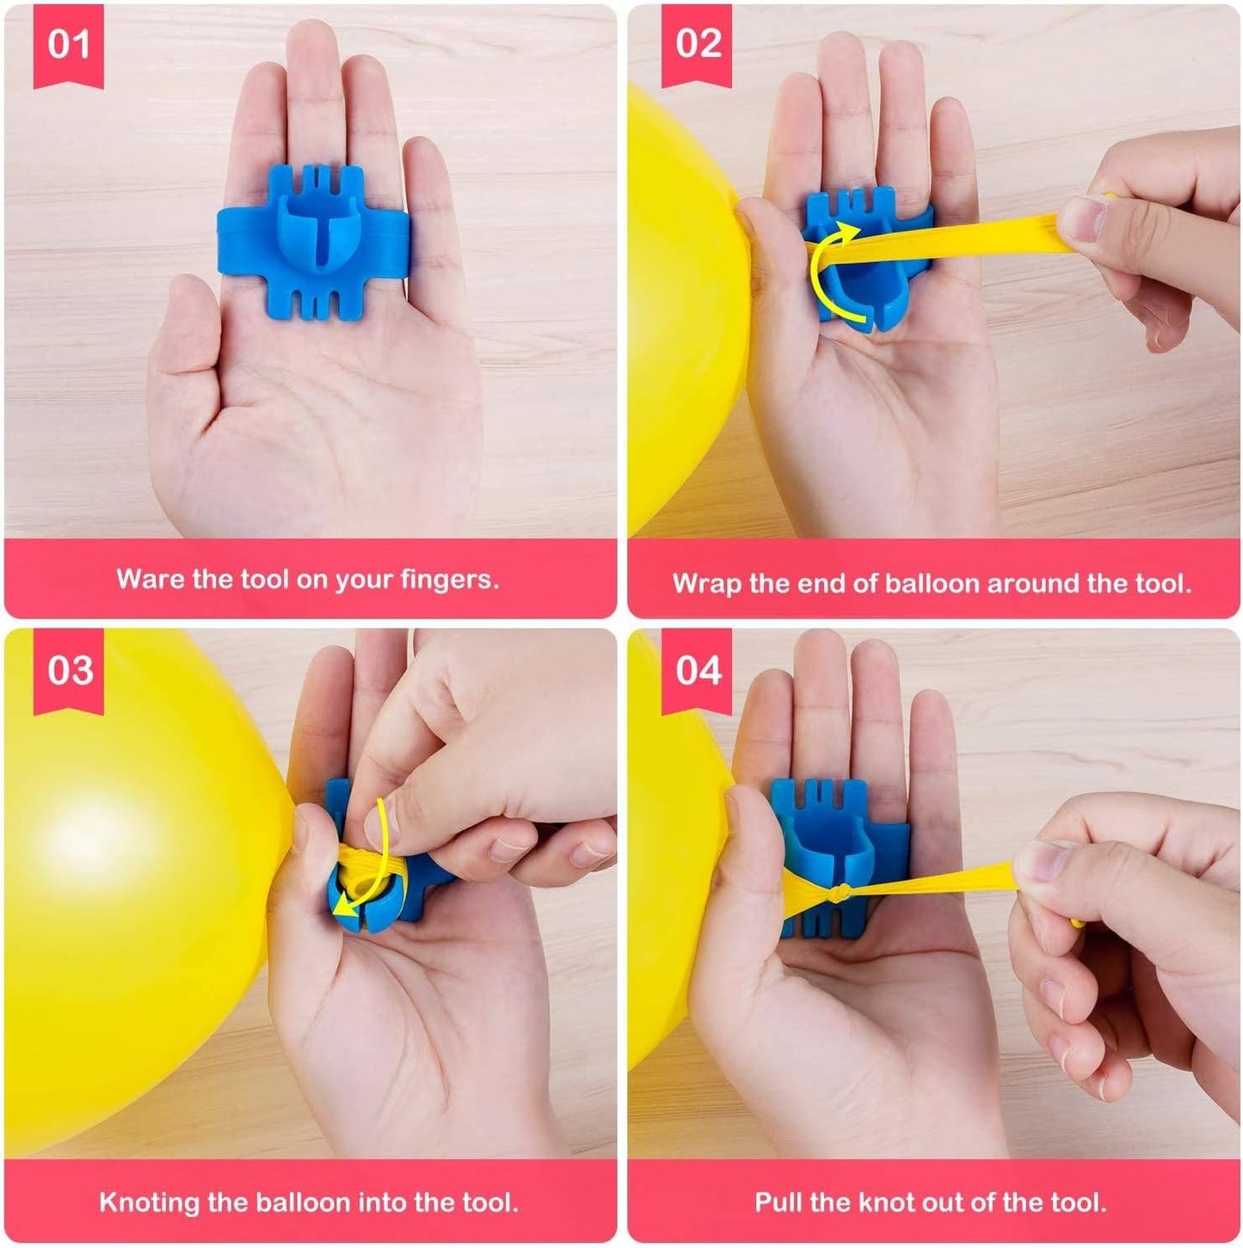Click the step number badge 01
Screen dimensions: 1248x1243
(68, 44)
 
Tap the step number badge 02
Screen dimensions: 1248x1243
(697, 44)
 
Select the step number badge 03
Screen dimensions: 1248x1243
(69, 670)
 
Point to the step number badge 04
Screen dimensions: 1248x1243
(697, 670)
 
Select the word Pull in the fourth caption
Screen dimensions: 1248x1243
(776, 1202)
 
